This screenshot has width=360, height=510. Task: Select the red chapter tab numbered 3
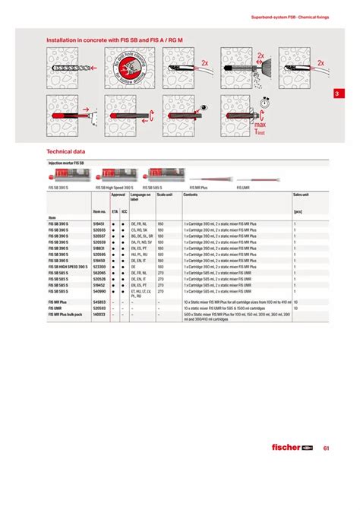point(338,94)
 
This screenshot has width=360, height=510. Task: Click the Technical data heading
point(66,151)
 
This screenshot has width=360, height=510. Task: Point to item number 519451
point(98,225)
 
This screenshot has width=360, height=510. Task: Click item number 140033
point(98,314)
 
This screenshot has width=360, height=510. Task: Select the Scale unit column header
point(165,195)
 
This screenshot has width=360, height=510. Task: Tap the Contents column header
point(190,195)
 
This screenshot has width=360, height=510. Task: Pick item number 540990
point(98,291)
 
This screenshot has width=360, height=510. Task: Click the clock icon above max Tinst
point(263,103)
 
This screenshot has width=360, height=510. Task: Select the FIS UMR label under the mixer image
point(243,186)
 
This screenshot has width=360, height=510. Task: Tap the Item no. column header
point(99,212)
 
